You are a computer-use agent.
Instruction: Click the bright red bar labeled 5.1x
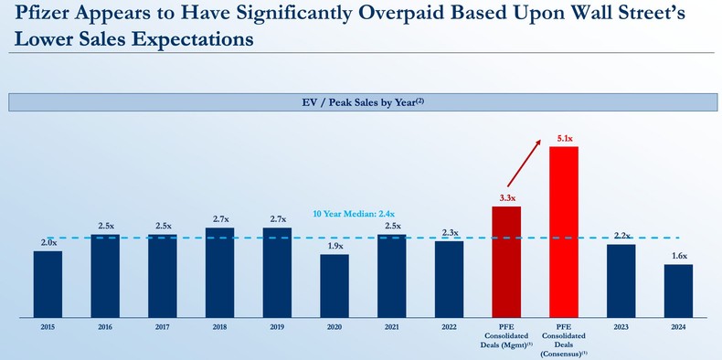(563, 231)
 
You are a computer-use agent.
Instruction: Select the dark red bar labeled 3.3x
(506, 261)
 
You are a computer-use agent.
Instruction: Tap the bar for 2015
(48, 283)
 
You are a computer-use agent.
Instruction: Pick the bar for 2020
(334, 285)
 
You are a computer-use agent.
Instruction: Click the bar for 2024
(678, 291)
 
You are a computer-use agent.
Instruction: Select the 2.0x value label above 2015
(48, 243)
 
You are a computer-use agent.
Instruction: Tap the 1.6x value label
(678, 257)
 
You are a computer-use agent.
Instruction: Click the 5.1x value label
(563, 138)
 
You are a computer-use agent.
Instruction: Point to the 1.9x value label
(334, 246)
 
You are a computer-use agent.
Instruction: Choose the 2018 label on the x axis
(219, 327)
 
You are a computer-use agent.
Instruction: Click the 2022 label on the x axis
(449, 327)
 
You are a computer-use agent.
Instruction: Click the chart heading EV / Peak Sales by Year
(360, 102)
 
